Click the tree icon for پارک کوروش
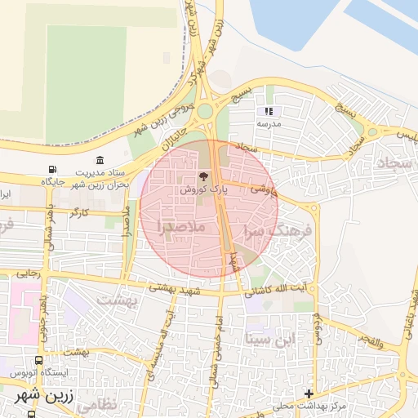[204, 176]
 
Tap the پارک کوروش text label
[203, 189]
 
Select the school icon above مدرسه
[269, 111]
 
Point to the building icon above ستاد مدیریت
[100, 160]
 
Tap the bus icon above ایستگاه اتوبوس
[39, 360]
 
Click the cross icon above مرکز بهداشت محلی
[309, 394]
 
